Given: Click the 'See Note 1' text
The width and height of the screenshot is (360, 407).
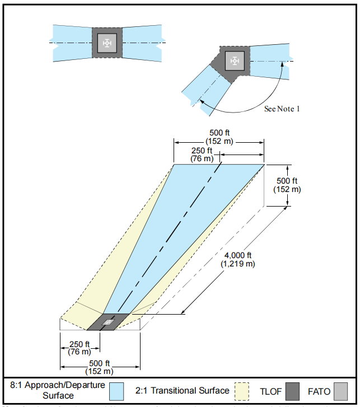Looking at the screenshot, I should click(282, 108).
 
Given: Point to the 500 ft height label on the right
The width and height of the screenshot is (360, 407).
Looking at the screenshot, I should click(287, 185).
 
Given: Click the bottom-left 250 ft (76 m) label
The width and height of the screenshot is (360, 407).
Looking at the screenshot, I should click(80, 348).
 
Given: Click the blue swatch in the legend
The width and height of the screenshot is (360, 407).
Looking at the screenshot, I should click(116, 391).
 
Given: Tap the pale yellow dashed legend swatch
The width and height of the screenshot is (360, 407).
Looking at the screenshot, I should click(242, 391).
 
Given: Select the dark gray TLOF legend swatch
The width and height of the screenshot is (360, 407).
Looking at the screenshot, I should click(292, 391).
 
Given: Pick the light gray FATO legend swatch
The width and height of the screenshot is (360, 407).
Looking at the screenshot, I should click(340, 391).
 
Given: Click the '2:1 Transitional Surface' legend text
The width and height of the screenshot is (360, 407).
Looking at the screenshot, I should click(182, 391).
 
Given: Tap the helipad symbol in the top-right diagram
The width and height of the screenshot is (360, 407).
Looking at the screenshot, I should click(235, 60).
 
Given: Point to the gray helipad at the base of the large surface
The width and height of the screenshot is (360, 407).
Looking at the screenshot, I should click(107, 322).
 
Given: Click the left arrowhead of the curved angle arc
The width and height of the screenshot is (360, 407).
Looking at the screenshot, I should click(200, 101).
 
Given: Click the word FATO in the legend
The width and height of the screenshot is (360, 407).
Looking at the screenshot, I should click(319, 391).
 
